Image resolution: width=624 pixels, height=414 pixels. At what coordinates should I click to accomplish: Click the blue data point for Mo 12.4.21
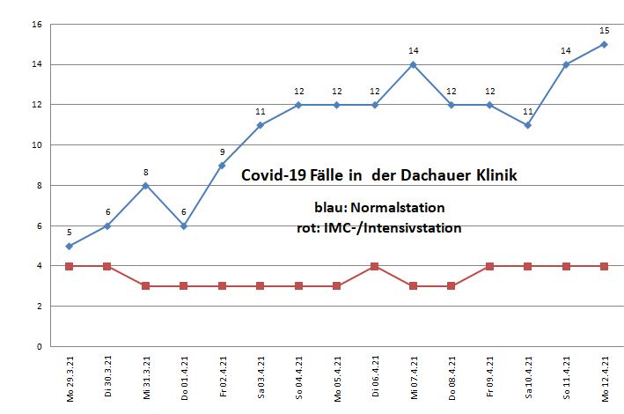[605, 44]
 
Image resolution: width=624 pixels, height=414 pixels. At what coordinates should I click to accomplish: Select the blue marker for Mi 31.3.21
[145, 185]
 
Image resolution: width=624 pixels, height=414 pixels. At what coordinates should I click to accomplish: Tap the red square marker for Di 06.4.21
[375, 266]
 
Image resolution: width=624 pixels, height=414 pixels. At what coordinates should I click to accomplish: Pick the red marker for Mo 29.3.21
[69, 266]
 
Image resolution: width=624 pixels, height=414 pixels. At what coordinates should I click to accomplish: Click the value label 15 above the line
[605, 31]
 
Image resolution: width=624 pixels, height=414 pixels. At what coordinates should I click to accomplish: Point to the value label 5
[69, 233]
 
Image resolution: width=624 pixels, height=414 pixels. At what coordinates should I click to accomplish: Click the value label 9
[222, 152]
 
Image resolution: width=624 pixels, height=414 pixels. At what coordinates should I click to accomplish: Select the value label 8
[145, 173]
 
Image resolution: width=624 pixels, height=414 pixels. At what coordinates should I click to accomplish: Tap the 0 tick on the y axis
[39, 346]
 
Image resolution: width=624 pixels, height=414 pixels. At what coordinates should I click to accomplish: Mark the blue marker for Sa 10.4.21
[528, 125]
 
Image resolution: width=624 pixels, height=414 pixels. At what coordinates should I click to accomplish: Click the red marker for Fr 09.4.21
[489, 266]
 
